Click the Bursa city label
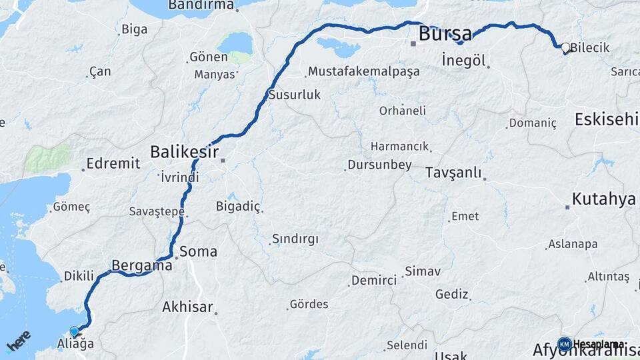click(445, 33)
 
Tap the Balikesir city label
click(185, 151)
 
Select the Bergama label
click(142, 265)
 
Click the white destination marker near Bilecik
click(565, 47)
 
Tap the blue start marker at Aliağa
click(74, 331)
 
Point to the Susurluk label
click(294, 95)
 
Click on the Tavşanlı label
click(453, 173)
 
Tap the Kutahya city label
click(603, 199)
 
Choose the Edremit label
click(113, 163)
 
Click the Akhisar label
click(187, 307)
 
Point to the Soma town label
click(199, 251)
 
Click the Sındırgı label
click(295, 239)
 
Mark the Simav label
click(422, 271)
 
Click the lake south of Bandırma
click(234, 44)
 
